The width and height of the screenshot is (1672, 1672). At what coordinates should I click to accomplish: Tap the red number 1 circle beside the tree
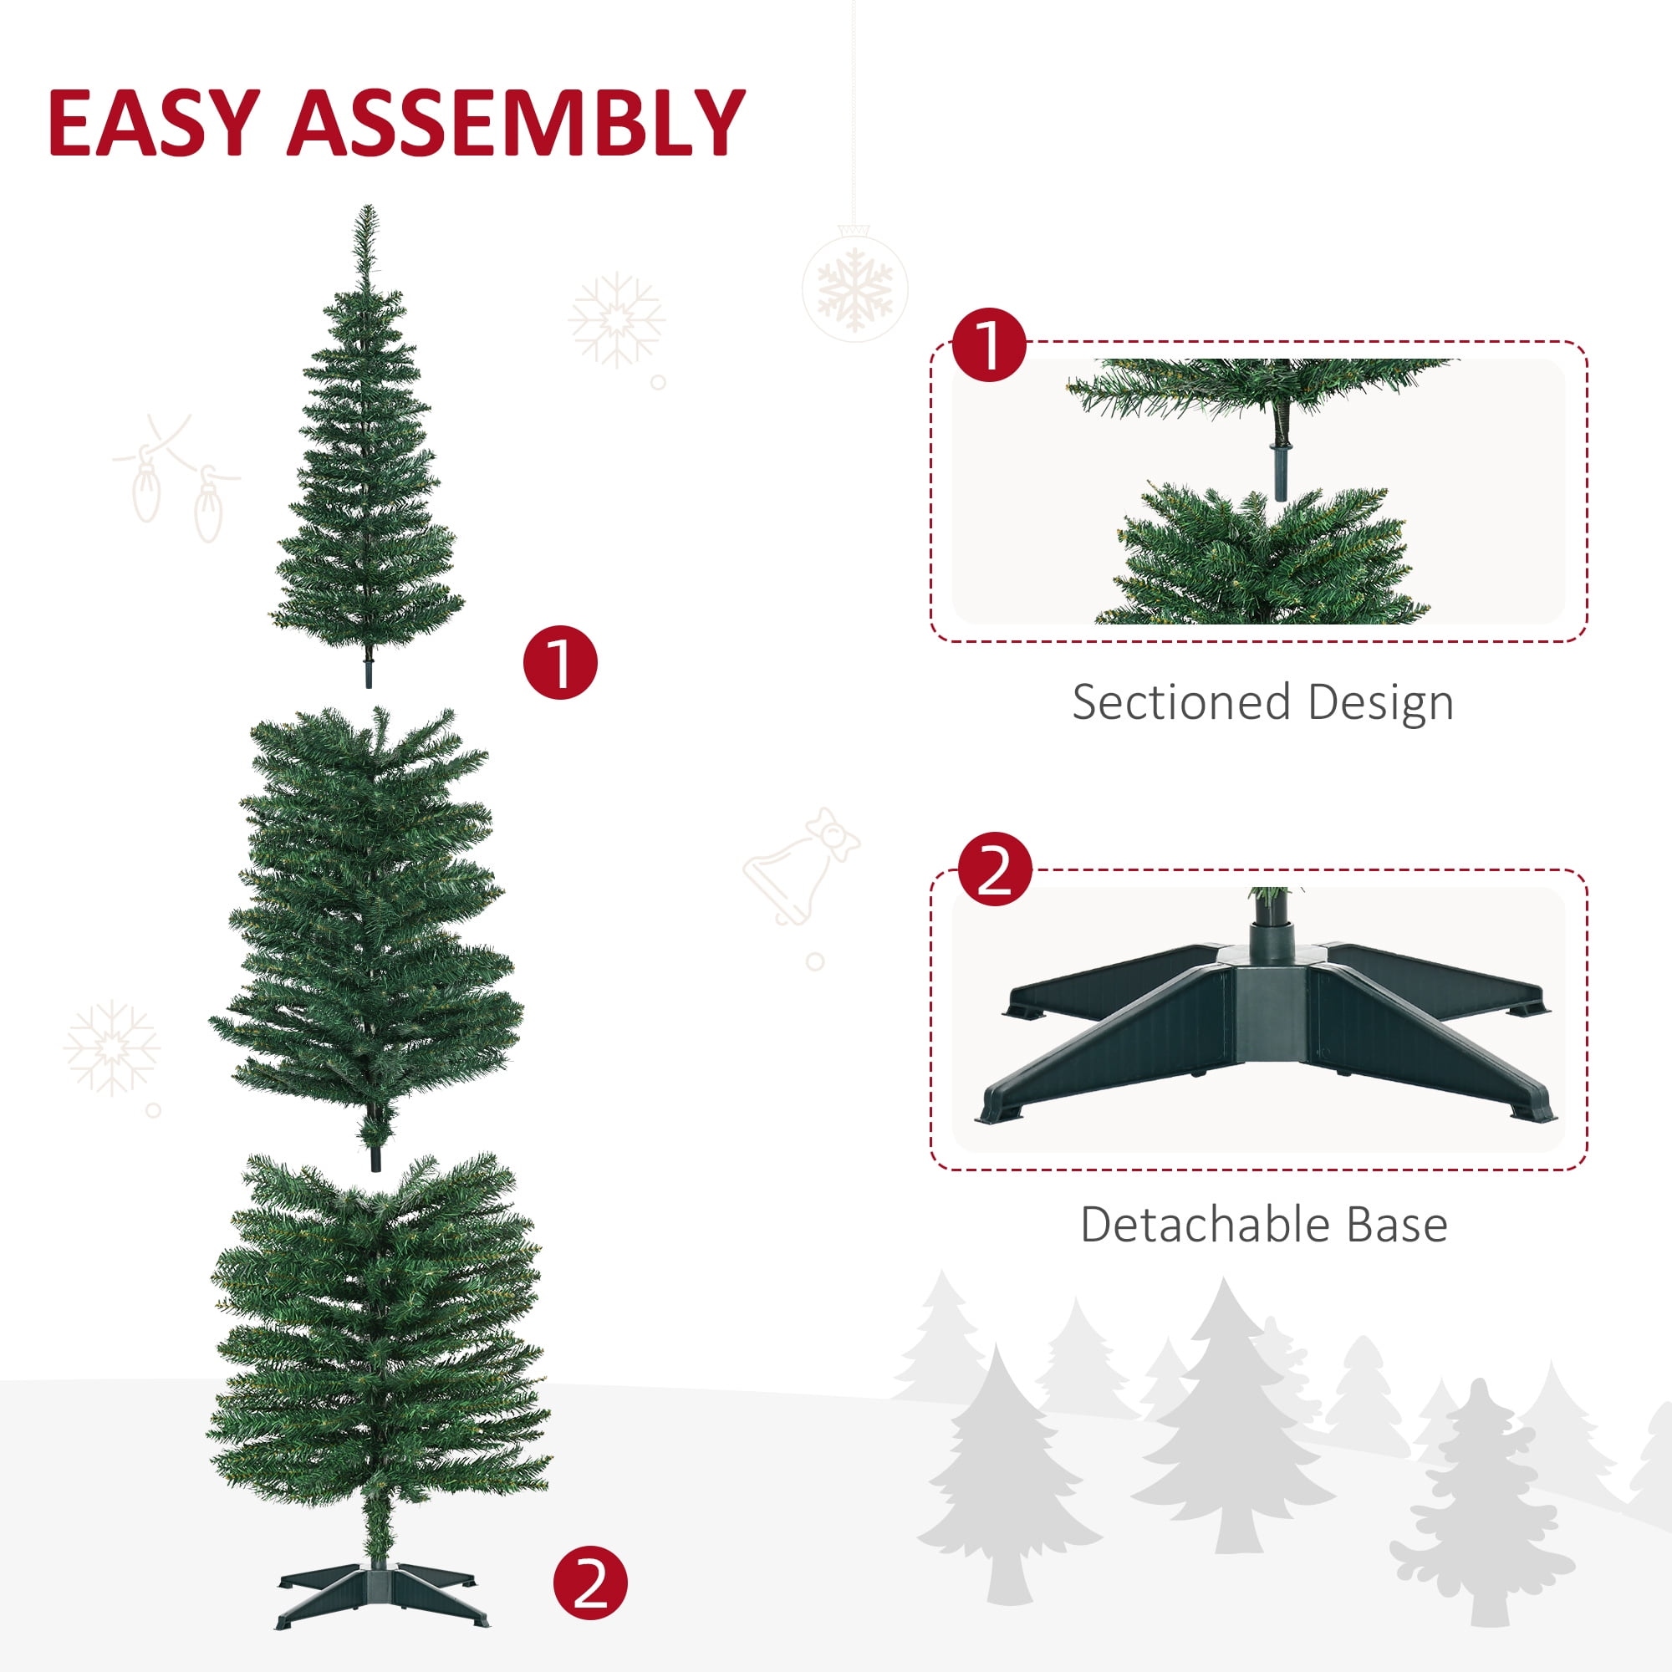coord(561,662)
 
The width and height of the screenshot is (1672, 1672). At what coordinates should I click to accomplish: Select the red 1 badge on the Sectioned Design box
coord(989,344)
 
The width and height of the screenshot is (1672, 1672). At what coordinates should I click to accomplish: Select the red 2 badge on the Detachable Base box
coord(995,869)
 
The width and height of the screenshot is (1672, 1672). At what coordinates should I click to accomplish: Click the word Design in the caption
coord(1381,702)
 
